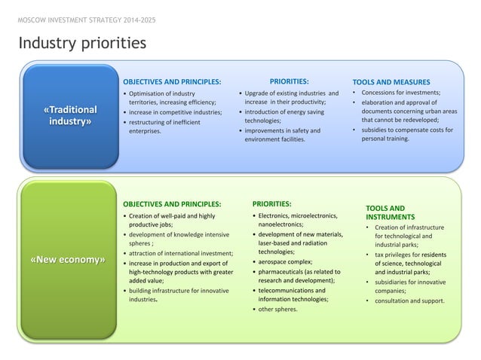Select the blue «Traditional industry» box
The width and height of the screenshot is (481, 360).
click(x=72, y=116)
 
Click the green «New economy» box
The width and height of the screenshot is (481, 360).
click(x=67, y=260)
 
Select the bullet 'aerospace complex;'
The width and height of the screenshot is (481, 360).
click(x=287, y=261)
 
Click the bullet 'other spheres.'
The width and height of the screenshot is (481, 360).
click(x=277, y=309)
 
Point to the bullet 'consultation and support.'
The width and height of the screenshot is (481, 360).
click(x=409, y=301)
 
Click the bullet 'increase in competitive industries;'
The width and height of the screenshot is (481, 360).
click(x=175, y=112)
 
